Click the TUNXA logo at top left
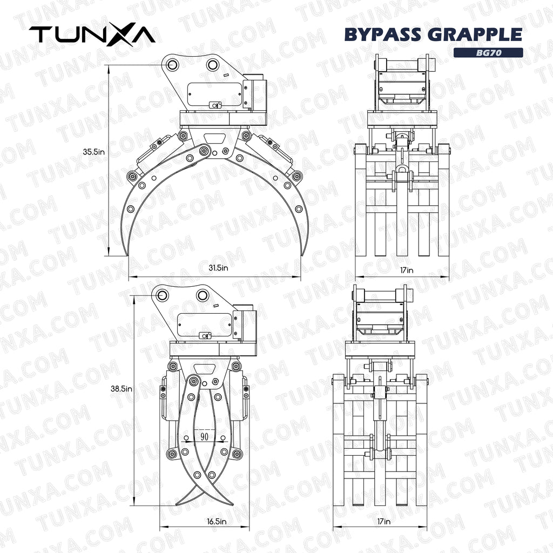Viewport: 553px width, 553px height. (92, 34)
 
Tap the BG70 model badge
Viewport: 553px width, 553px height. (488, 53)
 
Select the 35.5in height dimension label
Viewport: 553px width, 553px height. (93, 152)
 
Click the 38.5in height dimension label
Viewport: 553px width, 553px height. (122, 388)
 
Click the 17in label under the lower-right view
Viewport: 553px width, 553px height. (384, 522)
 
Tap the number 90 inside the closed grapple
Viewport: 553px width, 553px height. (205, 436)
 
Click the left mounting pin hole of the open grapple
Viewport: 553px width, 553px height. (172, 65)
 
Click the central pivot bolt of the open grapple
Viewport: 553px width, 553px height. (204, 151)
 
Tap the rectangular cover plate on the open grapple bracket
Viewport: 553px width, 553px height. (214, 95)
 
